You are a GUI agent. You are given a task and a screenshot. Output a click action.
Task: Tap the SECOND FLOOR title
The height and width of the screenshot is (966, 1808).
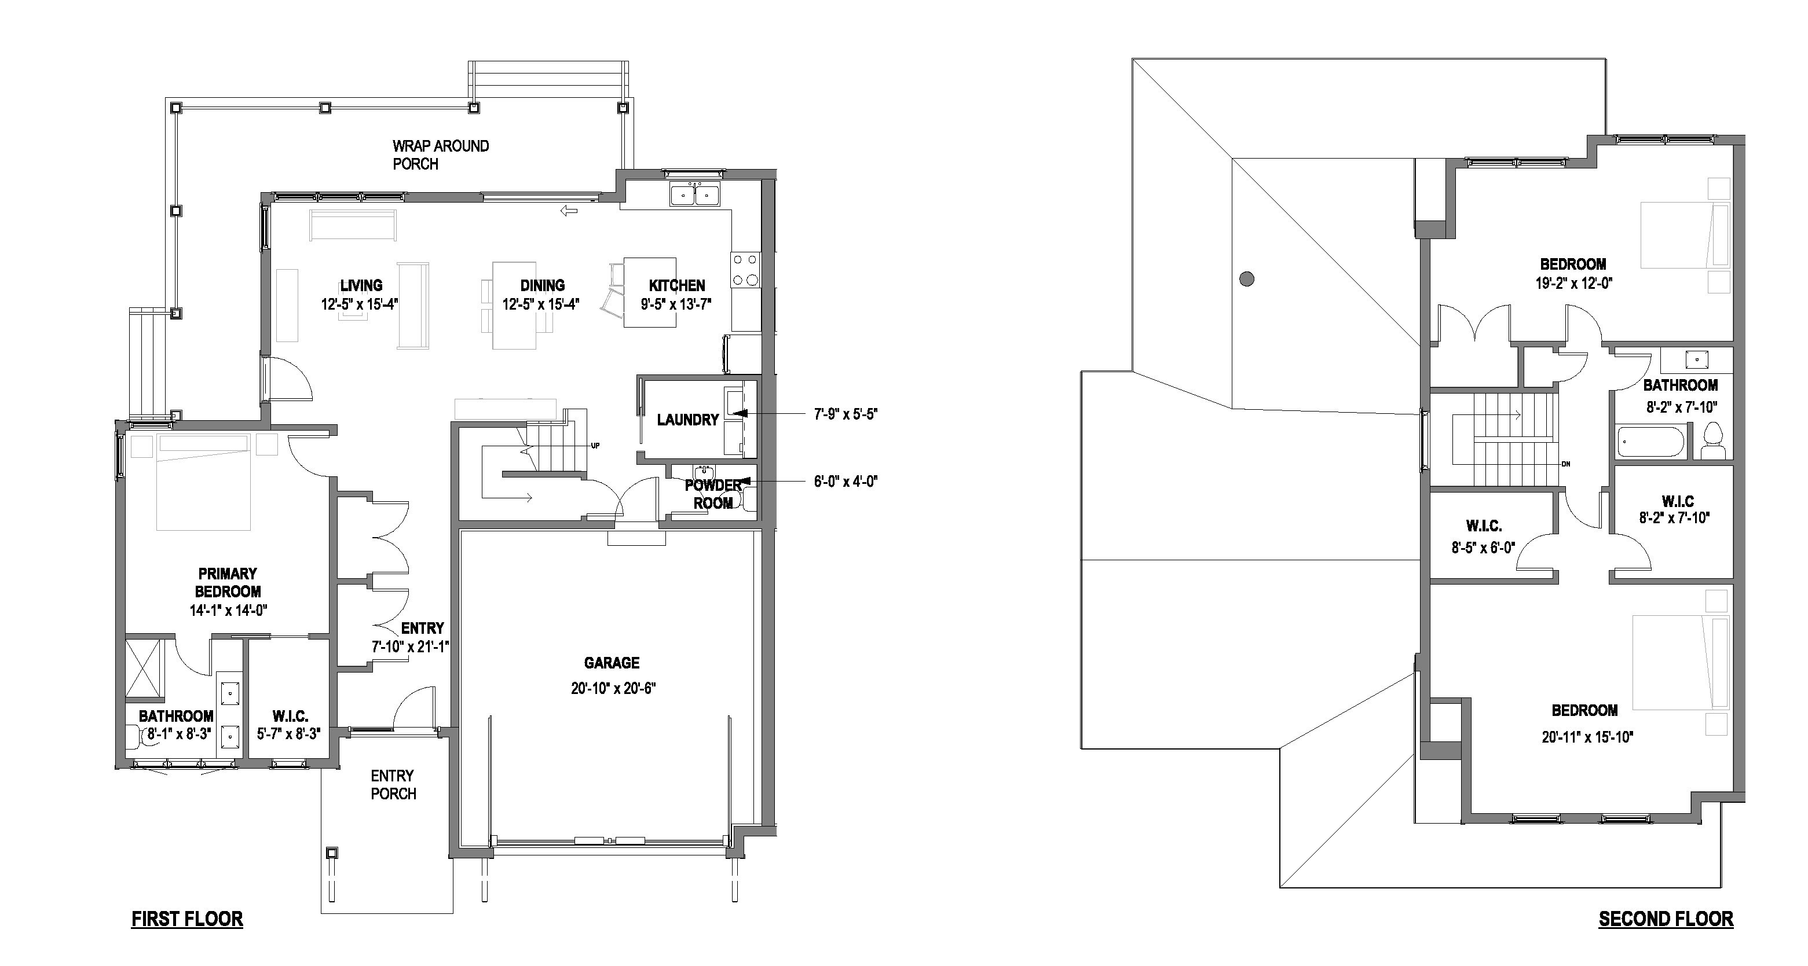coord(1666,919)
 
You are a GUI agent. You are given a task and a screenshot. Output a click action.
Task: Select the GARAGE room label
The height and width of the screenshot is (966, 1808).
coord(612,663)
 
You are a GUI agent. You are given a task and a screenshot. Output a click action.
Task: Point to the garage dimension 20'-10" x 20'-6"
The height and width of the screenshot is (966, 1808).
coord(613,688)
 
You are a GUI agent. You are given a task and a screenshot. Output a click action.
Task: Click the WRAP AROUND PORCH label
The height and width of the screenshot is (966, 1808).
coord(440,155)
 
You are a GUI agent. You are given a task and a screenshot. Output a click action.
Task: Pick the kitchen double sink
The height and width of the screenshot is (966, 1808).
coord(694,194)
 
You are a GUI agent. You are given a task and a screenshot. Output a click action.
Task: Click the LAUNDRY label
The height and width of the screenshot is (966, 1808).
coord(687,420)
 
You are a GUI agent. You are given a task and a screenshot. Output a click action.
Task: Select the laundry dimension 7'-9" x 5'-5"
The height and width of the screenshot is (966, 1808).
coord(845,414)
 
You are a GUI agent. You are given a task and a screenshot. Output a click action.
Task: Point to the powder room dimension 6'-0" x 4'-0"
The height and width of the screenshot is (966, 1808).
coord(845,481)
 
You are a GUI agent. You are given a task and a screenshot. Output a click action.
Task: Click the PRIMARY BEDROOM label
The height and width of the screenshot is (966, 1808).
coord(228,582)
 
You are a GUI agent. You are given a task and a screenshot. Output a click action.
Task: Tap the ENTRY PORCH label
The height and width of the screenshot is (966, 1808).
coord(393,784)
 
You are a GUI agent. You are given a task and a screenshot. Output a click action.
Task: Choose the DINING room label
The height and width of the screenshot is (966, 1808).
coord(542,285)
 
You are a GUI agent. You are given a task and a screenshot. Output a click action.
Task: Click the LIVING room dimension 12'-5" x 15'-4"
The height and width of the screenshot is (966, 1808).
coord(361,304)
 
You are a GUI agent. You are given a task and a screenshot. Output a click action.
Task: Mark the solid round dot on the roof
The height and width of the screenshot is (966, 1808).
coord(1246,279)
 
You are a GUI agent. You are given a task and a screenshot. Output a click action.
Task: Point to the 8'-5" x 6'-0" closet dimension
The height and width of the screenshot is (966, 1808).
coord(1483,547)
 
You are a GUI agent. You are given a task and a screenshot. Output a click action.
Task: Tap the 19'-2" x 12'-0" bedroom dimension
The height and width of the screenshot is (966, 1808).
coord(1573,284)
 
